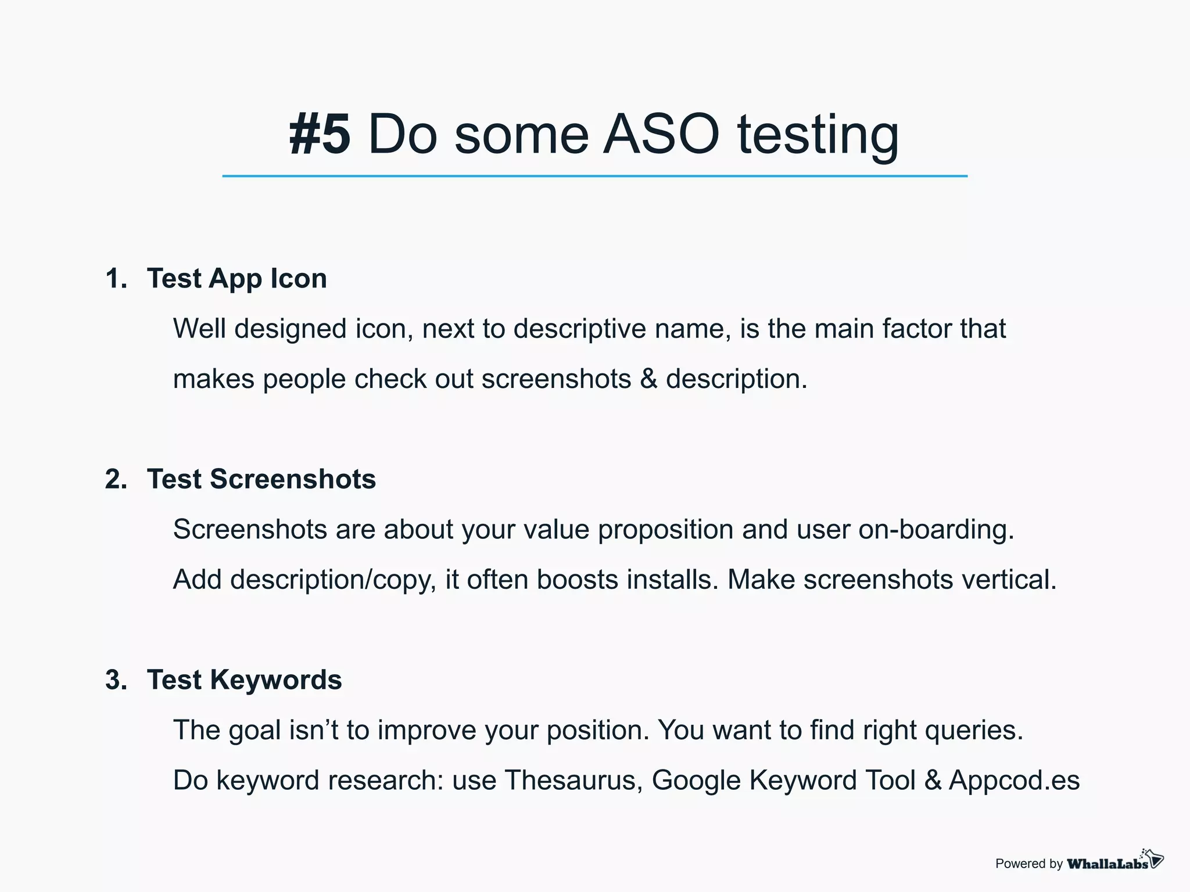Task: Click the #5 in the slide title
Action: (320, 135)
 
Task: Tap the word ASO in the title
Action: (661, 135)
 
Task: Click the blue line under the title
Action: (594, 176)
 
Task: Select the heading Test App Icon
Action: (236, 279)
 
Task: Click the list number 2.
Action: (116, 480)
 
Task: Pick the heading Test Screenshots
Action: (261, 480)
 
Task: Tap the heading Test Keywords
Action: (244, 680)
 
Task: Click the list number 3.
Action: (116, 680)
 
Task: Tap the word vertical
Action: (1009, 580)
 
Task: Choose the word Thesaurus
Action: (573, 780)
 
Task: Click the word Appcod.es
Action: (1014, 780)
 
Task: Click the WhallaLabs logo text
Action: (1107, 864)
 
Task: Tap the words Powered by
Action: (1028, 864)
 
